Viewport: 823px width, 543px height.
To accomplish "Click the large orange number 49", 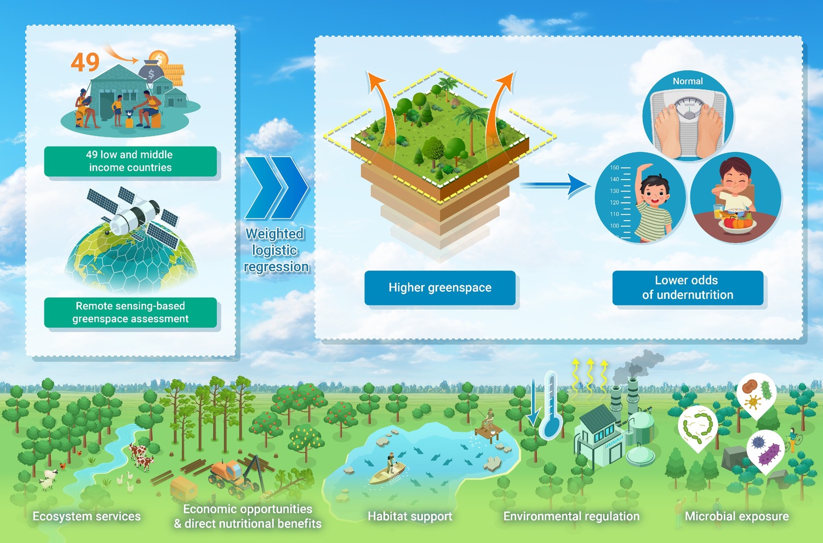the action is click(x=85, y=62).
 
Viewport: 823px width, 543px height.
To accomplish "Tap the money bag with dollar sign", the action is click(x=151, y=72).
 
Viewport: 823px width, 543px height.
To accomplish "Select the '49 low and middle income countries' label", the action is click(x=130, y=161).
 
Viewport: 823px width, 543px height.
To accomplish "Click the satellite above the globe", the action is click(x=133, y=214).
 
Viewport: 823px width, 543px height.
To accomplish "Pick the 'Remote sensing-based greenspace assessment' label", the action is click(x=130, y=313).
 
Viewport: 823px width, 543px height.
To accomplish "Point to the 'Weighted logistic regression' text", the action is click(x=276, y=250).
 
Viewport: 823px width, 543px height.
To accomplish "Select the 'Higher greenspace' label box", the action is click(x=440, y=287).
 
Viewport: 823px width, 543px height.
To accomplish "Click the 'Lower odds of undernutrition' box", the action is click(x=688, y=287).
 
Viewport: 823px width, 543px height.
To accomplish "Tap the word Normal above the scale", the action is click(x=688, y=81).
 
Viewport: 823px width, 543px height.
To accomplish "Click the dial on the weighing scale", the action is click(x=689, y=107).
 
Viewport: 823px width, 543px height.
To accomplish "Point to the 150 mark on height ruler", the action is click(x=614, y=168).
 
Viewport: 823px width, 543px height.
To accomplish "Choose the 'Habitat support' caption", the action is click(x=410, y=516).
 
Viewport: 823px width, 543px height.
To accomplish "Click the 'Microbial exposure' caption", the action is click(x=736, y=516).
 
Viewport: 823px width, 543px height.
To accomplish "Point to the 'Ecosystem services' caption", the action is click(x=87, y=516).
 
